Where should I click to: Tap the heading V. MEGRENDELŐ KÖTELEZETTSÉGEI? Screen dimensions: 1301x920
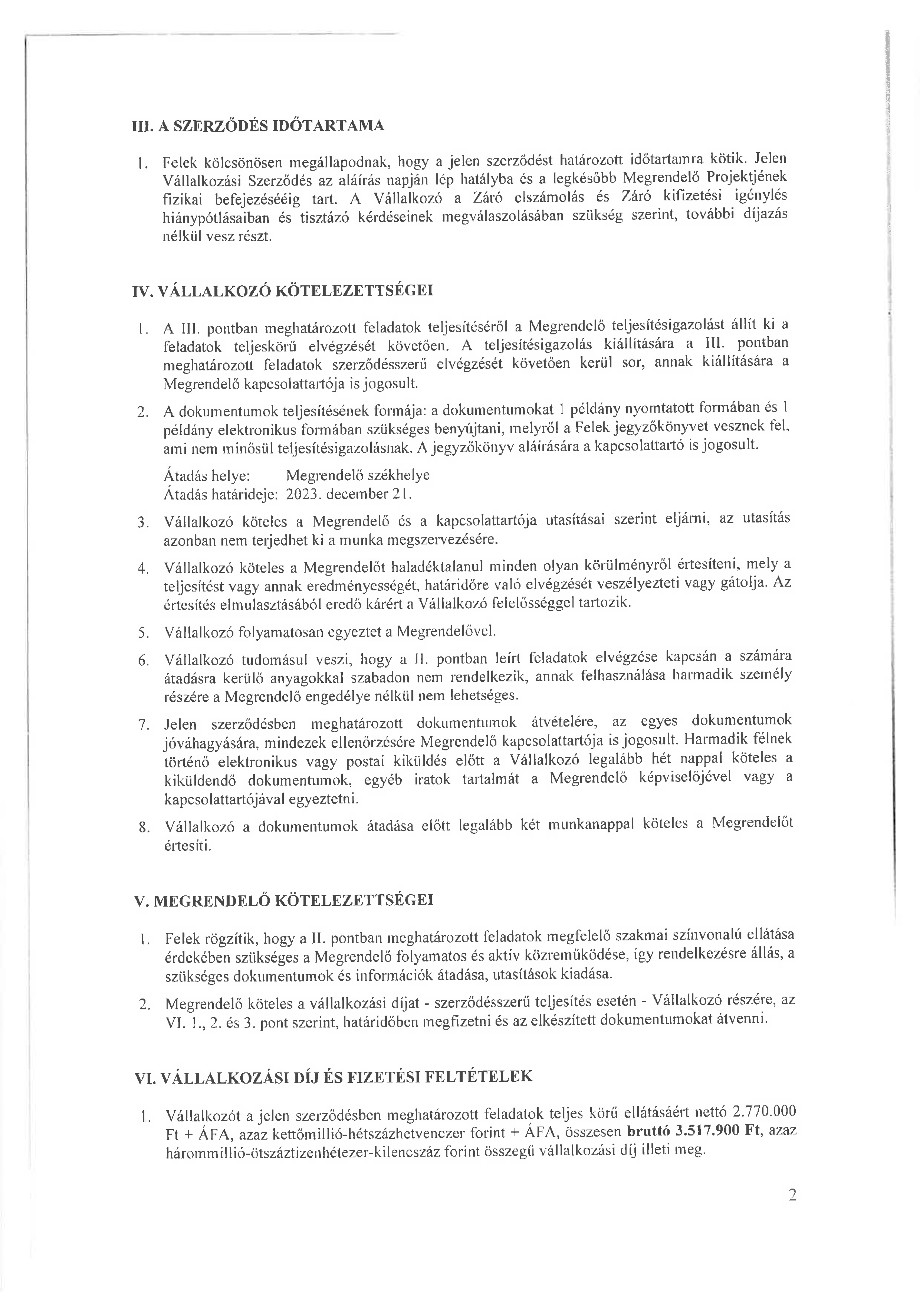click(x=282, y=900)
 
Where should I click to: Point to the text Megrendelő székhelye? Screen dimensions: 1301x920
click(x=358, y=475)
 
